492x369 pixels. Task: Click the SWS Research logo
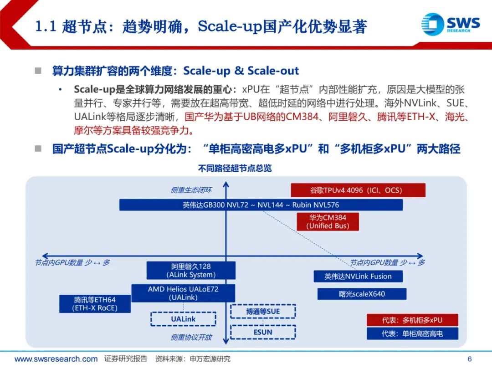[x=450, y=24]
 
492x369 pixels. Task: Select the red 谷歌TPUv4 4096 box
[x=358, y=190]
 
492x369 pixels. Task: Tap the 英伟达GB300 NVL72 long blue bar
[x=261, y=205]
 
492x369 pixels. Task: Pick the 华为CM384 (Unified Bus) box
[x=328, y=221]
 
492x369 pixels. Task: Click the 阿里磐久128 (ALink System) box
[x=191, y=270]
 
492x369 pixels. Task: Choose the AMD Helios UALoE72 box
[x=183, y=293]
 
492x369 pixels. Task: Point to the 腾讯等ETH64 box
[x=95, y=304]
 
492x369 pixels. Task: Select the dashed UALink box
[x=183, y=319]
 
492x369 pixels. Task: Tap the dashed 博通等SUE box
[x=263, y=312]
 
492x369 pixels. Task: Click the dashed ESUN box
[x=263, y=332]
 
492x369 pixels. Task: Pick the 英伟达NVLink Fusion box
[x=358, y=276]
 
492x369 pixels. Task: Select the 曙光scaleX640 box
[x=362, y=294]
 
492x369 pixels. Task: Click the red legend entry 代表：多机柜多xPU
[x=412, y=320]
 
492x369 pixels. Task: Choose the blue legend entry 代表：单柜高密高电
[x=412, y=334]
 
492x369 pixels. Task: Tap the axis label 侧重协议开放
[x=191, y=338]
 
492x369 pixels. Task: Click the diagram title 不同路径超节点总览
[x=235, y=169]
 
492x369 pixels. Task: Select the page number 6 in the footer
[x=470, y=359]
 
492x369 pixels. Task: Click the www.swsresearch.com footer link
[x=56, y=359]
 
